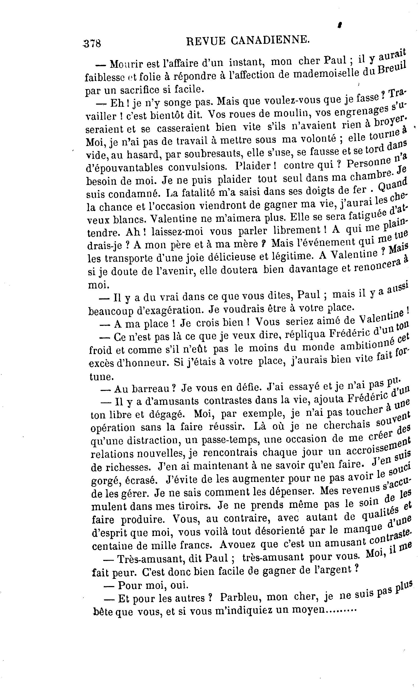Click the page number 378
(92, 43)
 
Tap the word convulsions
(198, 167)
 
